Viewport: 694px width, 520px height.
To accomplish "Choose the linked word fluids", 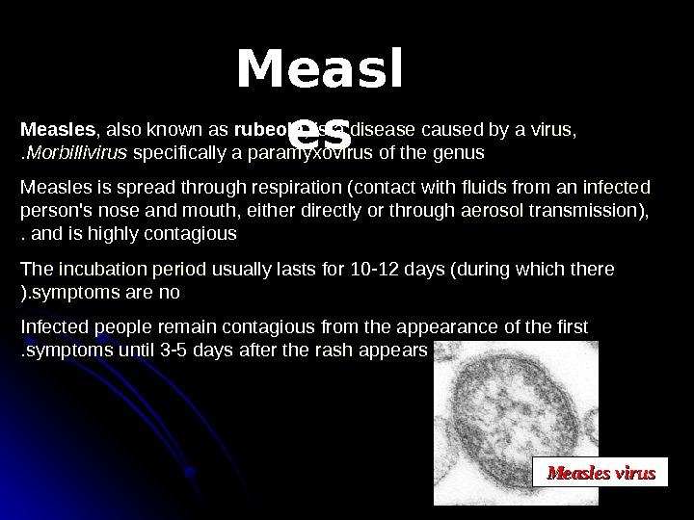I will click(x=483, y=186).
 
